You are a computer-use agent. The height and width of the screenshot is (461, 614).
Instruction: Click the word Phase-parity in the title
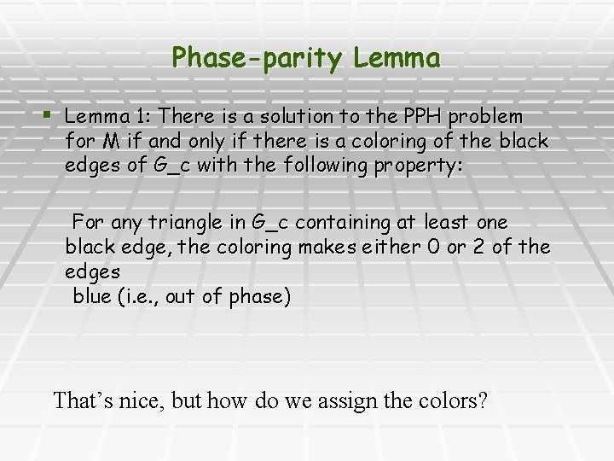257,58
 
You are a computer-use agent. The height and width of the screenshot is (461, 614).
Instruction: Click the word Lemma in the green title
397,58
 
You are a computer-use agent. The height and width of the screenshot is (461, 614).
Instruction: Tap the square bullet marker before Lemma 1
47,114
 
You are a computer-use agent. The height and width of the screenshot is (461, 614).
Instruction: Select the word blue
90,296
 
